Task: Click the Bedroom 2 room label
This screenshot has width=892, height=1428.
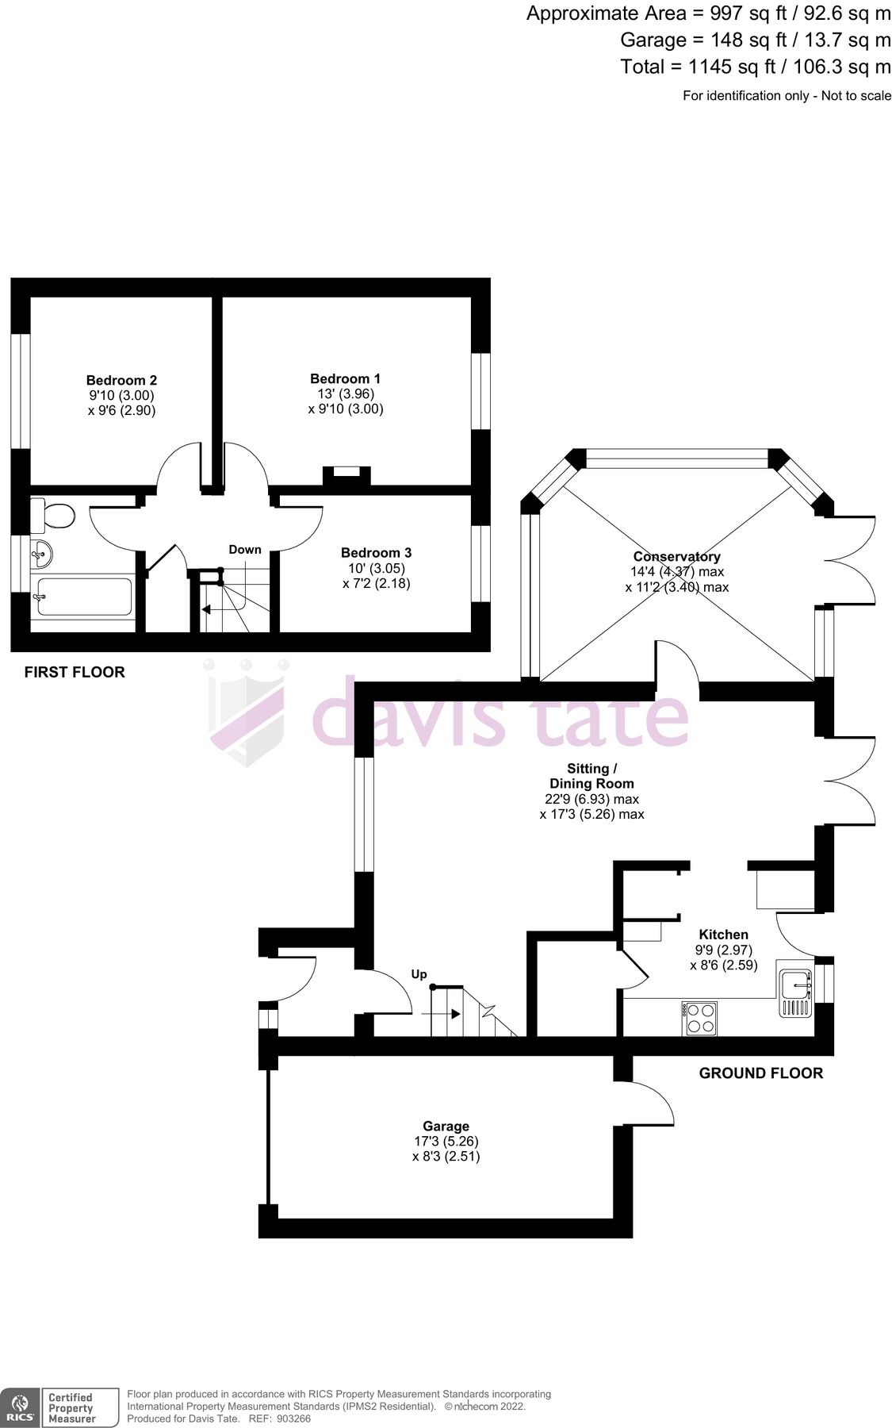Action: [121, 380]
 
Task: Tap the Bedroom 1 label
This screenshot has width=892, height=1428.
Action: [345, 378]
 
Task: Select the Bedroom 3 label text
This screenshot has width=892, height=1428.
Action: [376, 553]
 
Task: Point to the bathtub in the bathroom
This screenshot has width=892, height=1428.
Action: [83, 596]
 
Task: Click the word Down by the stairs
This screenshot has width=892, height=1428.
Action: [245, 550]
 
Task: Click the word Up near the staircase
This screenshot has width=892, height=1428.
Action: [419, 974]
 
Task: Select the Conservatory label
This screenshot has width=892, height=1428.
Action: [676, 557]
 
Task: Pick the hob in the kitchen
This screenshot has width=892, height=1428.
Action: [699, 1018]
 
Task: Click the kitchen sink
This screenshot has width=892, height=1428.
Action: [795, 985]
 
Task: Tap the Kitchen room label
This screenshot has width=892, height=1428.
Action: [723, 935]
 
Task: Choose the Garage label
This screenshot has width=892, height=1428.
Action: [446, 1126]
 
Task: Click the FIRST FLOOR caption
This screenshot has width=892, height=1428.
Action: [75, 672]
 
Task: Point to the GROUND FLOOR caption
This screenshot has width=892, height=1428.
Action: [760, 1073]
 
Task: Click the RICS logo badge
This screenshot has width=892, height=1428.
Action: [21, 1407]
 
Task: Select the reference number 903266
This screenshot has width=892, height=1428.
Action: [290, 1418]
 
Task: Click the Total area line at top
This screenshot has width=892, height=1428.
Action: [755, 67]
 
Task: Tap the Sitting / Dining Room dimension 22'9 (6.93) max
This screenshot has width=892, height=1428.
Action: [591, 799]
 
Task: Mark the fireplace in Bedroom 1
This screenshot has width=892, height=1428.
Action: [346, 474]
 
